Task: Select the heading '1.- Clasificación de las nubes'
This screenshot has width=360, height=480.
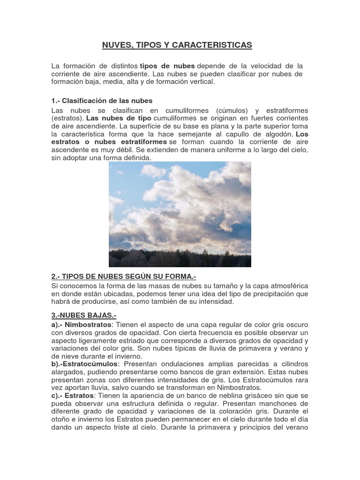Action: pyautogui.click(x=102, y=101)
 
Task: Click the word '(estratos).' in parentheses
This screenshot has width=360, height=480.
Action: pyautogui.click(x=68, y=118)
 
